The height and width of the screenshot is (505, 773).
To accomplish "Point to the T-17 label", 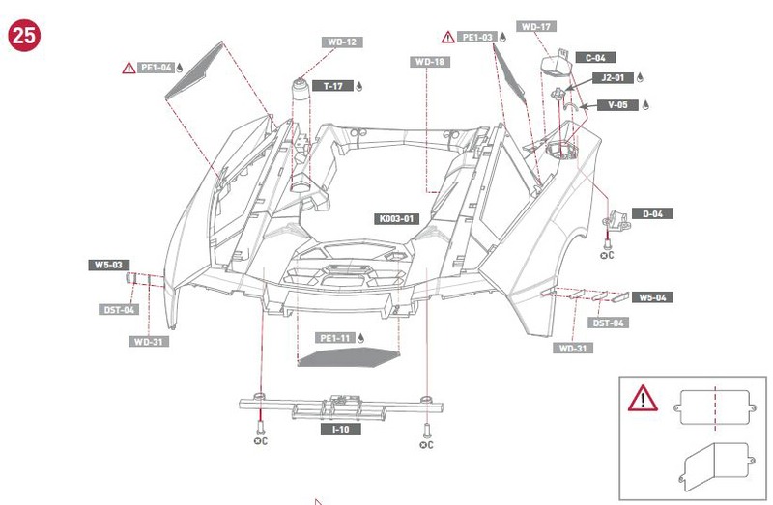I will coord(332,86).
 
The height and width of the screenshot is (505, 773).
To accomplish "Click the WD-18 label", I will coord(429,62).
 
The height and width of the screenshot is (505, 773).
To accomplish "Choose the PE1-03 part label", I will coord(476,38).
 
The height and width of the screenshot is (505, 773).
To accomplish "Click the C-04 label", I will coord(595,58).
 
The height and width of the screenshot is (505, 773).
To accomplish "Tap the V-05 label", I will coord(616,105).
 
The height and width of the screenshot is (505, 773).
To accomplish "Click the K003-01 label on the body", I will coord(395,219).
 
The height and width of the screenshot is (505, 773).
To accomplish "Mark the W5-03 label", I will coord(106,264).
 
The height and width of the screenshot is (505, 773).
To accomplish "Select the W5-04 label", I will coord(653,297).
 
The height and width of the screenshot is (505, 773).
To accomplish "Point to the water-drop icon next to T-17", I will coord(359,86).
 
